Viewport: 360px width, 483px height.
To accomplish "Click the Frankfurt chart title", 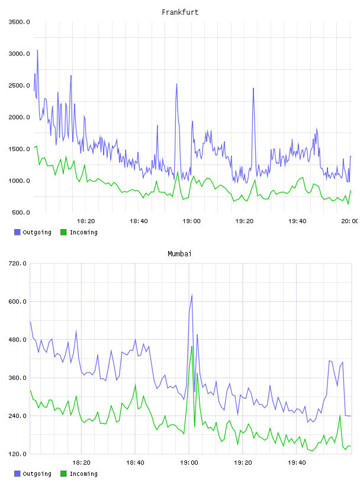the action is pyautogui.click(x=180, y=12).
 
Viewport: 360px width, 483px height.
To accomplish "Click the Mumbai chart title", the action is pyautogui.click(x=179, y=254).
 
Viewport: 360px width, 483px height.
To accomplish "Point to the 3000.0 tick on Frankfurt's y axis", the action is pyautogui.click(x=19, y=54).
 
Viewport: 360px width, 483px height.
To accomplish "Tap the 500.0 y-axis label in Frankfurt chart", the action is pyautogui.click(x=21, y=212).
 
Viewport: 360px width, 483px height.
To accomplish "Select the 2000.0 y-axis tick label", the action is pyautogui.click(x=19, y=117).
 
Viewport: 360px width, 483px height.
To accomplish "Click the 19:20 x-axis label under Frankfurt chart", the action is pyautogui.click(x=244, y=221).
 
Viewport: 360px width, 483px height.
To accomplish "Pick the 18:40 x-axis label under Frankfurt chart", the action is pyautogui.click(x=139, y=221).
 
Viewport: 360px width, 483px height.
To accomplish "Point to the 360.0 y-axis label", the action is pyautogui.click(x=17, y=378).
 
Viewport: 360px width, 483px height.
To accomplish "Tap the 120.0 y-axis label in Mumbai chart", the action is pyautogui.click(x=17, y=454).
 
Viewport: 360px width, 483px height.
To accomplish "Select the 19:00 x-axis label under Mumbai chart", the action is pyautogui.click(x=189, y=463).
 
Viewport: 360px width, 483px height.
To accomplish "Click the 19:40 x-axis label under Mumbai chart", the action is pyautogui.click(x=297, y=463).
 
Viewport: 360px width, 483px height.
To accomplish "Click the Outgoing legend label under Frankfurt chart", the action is pyautogui.click(x=37, y=232).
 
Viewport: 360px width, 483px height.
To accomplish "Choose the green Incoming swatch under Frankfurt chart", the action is pyautogui.click(x=63, y=232).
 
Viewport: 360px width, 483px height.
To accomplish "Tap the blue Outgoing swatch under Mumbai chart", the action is pyautogui.click(x=17, y=474).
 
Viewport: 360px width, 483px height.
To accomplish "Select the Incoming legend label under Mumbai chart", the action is pyautogui.click(x=83, y=474).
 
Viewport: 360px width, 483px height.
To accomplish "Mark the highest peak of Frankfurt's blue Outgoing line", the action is pyautogui.click(x=38, y=50).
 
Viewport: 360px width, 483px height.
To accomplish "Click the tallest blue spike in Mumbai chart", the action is pyautogui.click(x=192, y=295).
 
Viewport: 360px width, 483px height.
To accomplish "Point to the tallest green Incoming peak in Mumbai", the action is pyautogui.click(x=192, y=347).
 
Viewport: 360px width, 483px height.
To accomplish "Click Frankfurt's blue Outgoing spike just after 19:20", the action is pyautogui.click(x=253, y=88).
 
